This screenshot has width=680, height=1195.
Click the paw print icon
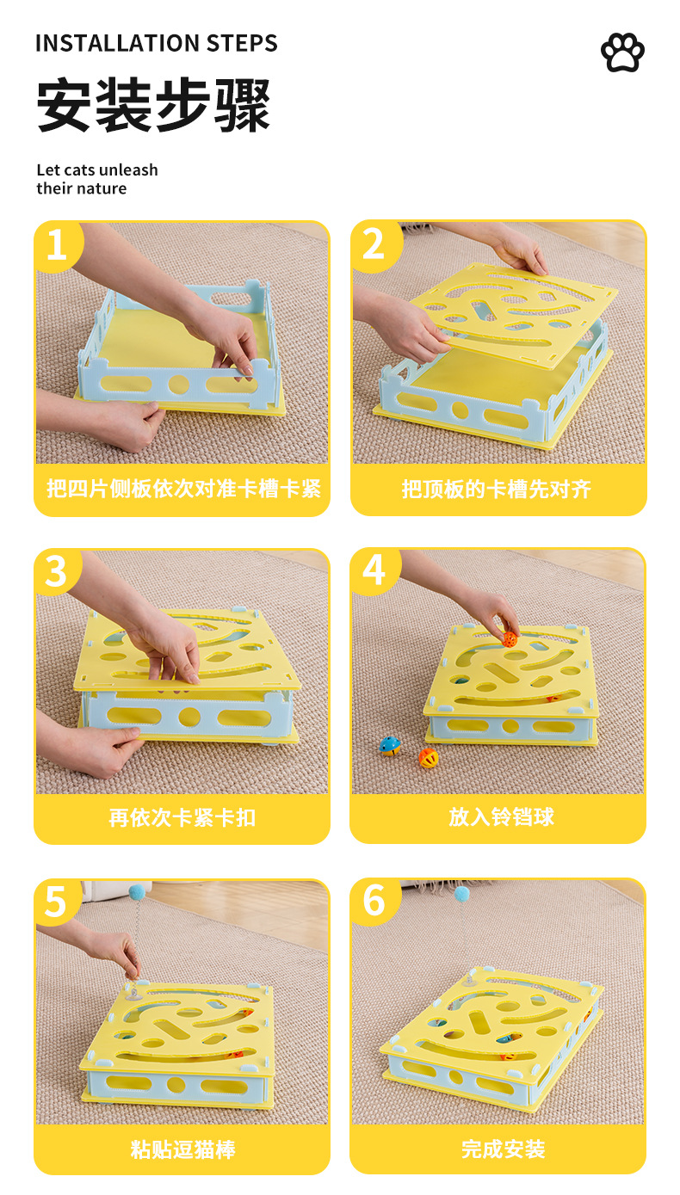[x=622, y=52]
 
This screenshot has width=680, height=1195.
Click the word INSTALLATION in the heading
[x=117, y=43]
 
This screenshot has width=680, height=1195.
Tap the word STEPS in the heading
[x=242, y=43]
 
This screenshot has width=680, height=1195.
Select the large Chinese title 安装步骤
[x=154, y=105]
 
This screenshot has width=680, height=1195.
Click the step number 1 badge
[x=58, y=245]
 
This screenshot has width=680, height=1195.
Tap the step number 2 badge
[x=374, y=245]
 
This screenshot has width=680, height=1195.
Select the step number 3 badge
[x=56, y=572]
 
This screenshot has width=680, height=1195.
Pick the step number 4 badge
[x=374, y=570]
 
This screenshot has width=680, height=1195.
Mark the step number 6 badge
[x=374, y=900]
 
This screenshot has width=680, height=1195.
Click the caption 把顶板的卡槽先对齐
[x=497, y=489]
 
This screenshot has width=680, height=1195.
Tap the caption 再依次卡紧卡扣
[x=182, y=817]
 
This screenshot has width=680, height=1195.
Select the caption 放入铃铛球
[x=501, y=816]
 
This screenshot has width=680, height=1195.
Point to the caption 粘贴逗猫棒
[x=182, y=1149]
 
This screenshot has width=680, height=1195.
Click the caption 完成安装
[x=504, y=1149]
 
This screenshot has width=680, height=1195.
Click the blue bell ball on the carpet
[x=390, y=745]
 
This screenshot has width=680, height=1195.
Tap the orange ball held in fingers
[x=510, y=638]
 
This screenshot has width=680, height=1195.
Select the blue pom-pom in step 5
[x=138, y=891]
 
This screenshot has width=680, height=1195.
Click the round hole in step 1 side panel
[x=179, y=384]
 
